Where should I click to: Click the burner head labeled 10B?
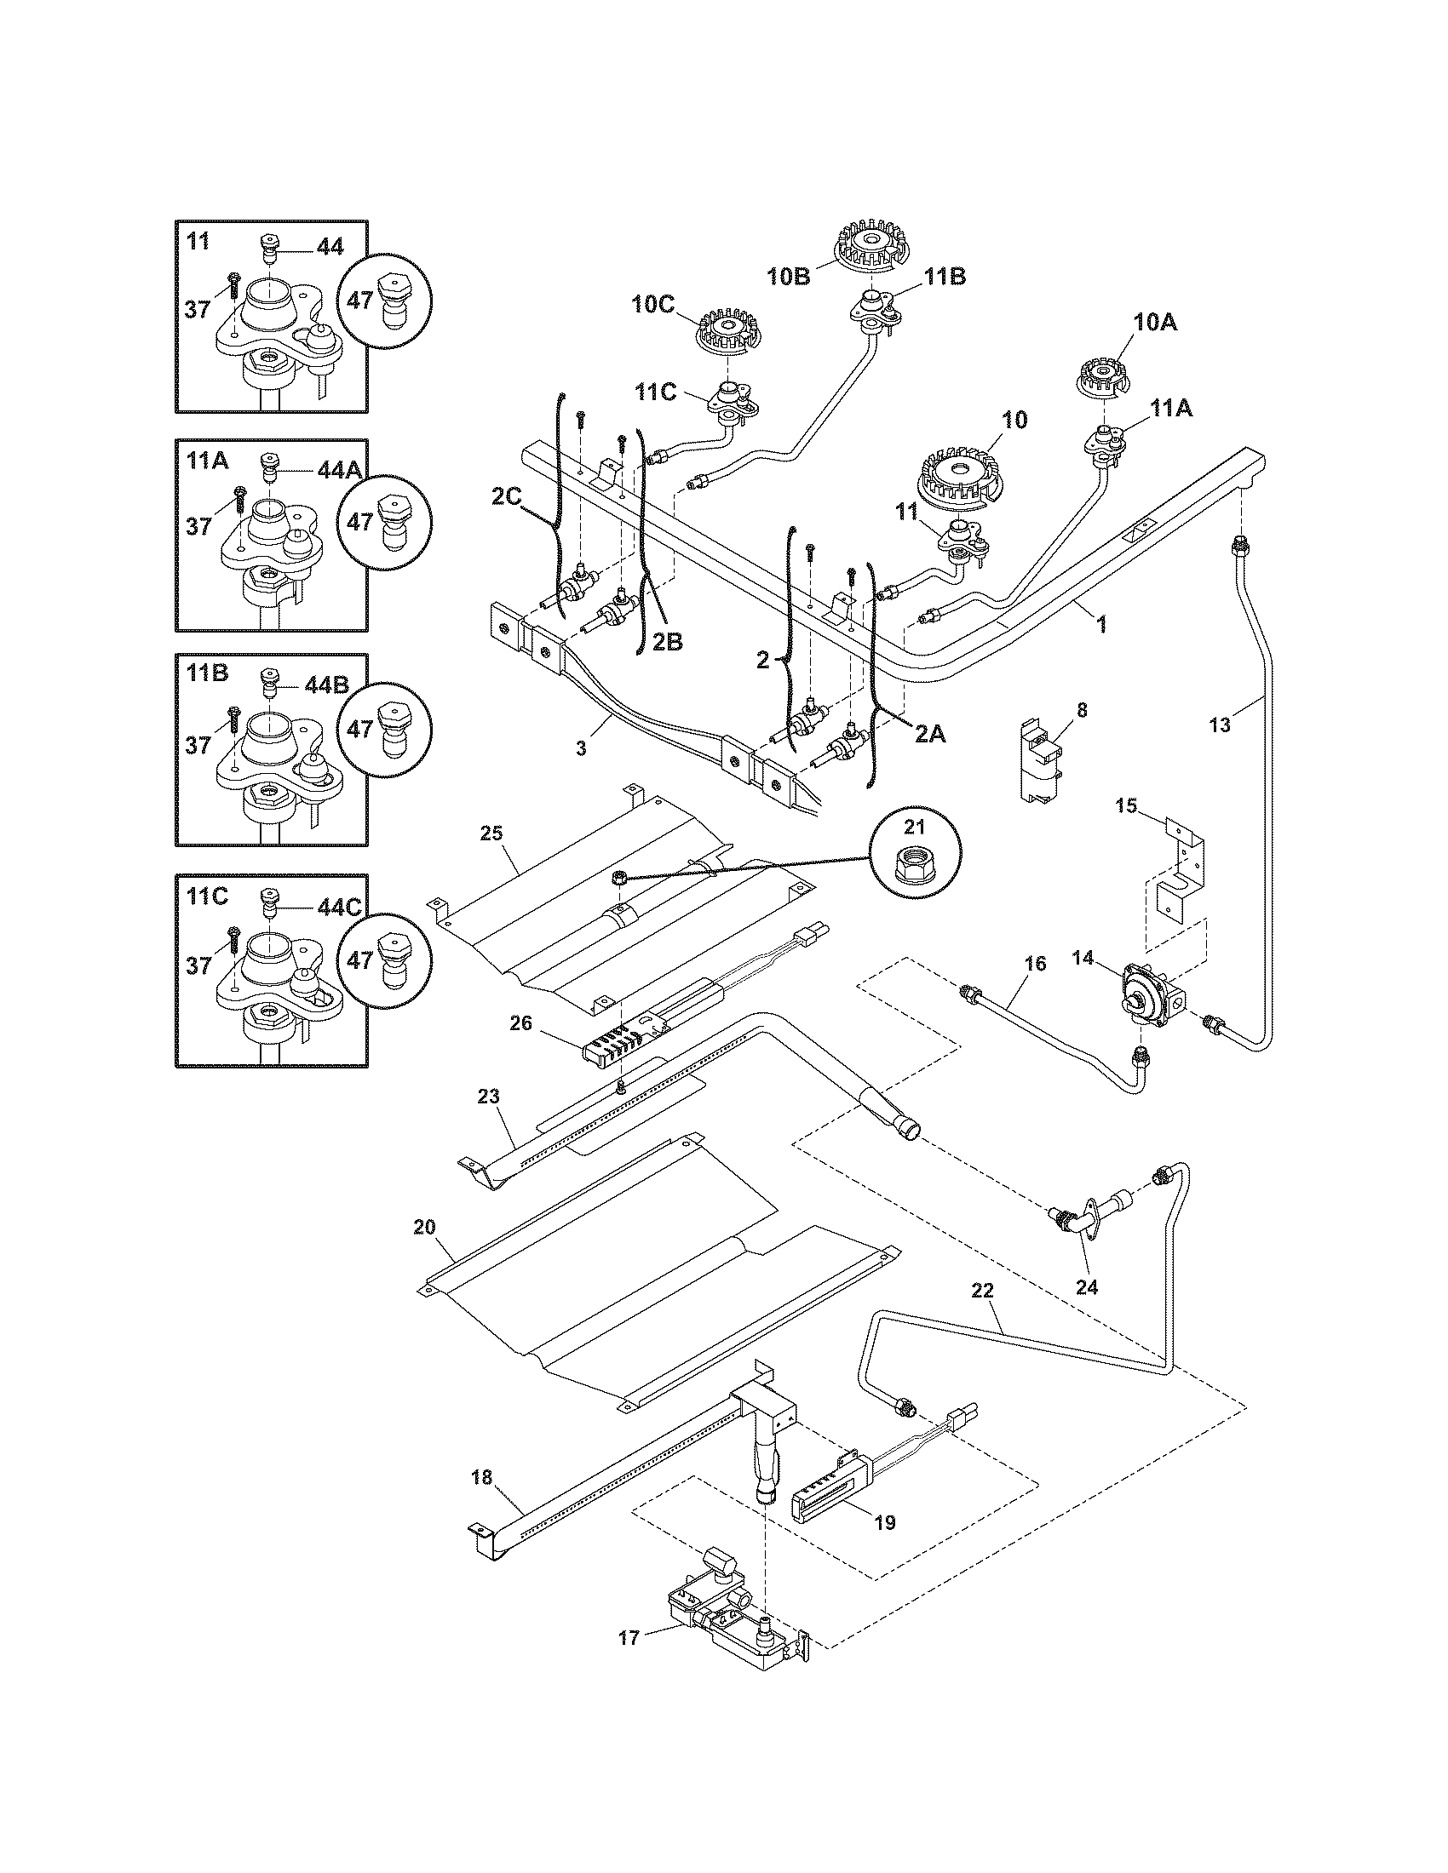pos(871,241)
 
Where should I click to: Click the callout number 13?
pos(1219,725)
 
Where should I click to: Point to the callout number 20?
pos(425,1227)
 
